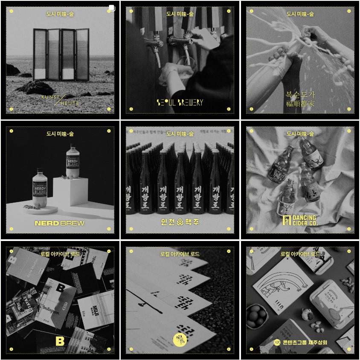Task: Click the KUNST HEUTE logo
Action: click(60, 100)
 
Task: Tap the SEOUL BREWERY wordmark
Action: click(180, 102)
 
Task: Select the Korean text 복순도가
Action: click(300, 94)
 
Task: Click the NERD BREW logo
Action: click(60, 223)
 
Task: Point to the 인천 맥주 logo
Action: click(180, 222)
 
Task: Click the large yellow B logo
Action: click(60, 341)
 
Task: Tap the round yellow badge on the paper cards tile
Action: click(180, 340)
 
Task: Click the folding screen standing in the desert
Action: click(61, 54)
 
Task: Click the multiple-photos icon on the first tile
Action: click(112, 8)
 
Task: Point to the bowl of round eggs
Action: click(257, 315)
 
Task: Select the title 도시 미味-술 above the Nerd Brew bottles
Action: click(60, 134)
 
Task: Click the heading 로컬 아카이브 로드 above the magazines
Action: click(60, 254)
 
